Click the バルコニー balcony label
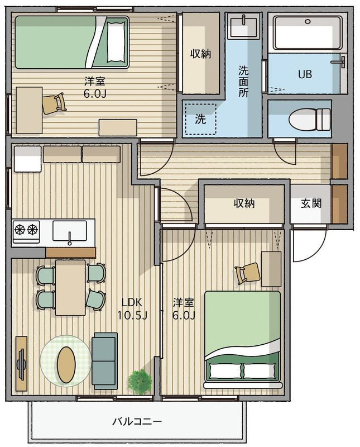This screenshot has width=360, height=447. (x=137, y=421)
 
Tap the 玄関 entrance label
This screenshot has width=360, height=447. (x=311, y=203)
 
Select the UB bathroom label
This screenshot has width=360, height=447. (x=305, y=74)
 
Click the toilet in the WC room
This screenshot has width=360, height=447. (x=309, y=119)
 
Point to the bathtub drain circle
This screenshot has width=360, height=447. (x=308, y=21)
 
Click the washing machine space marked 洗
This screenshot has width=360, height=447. (x=200, y=119)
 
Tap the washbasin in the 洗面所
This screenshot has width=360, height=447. (x=244, y=26)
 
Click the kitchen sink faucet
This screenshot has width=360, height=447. (x=70, y=239)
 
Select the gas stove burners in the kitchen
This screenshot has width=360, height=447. (x=26, y=230)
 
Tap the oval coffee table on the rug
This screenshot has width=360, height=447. (x=66, y=364)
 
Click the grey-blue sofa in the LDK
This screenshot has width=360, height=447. (x=104, y=360)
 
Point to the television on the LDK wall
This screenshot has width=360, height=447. (x=21, y=364)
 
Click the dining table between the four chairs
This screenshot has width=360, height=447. (x=70, y=288)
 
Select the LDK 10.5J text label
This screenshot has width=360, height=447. (x=132, y=309)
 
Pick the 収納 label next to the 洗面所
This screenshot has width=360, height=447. (x=200, y=54)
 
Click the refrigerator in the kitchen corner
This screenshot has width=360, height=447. (x=27, y=159)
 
